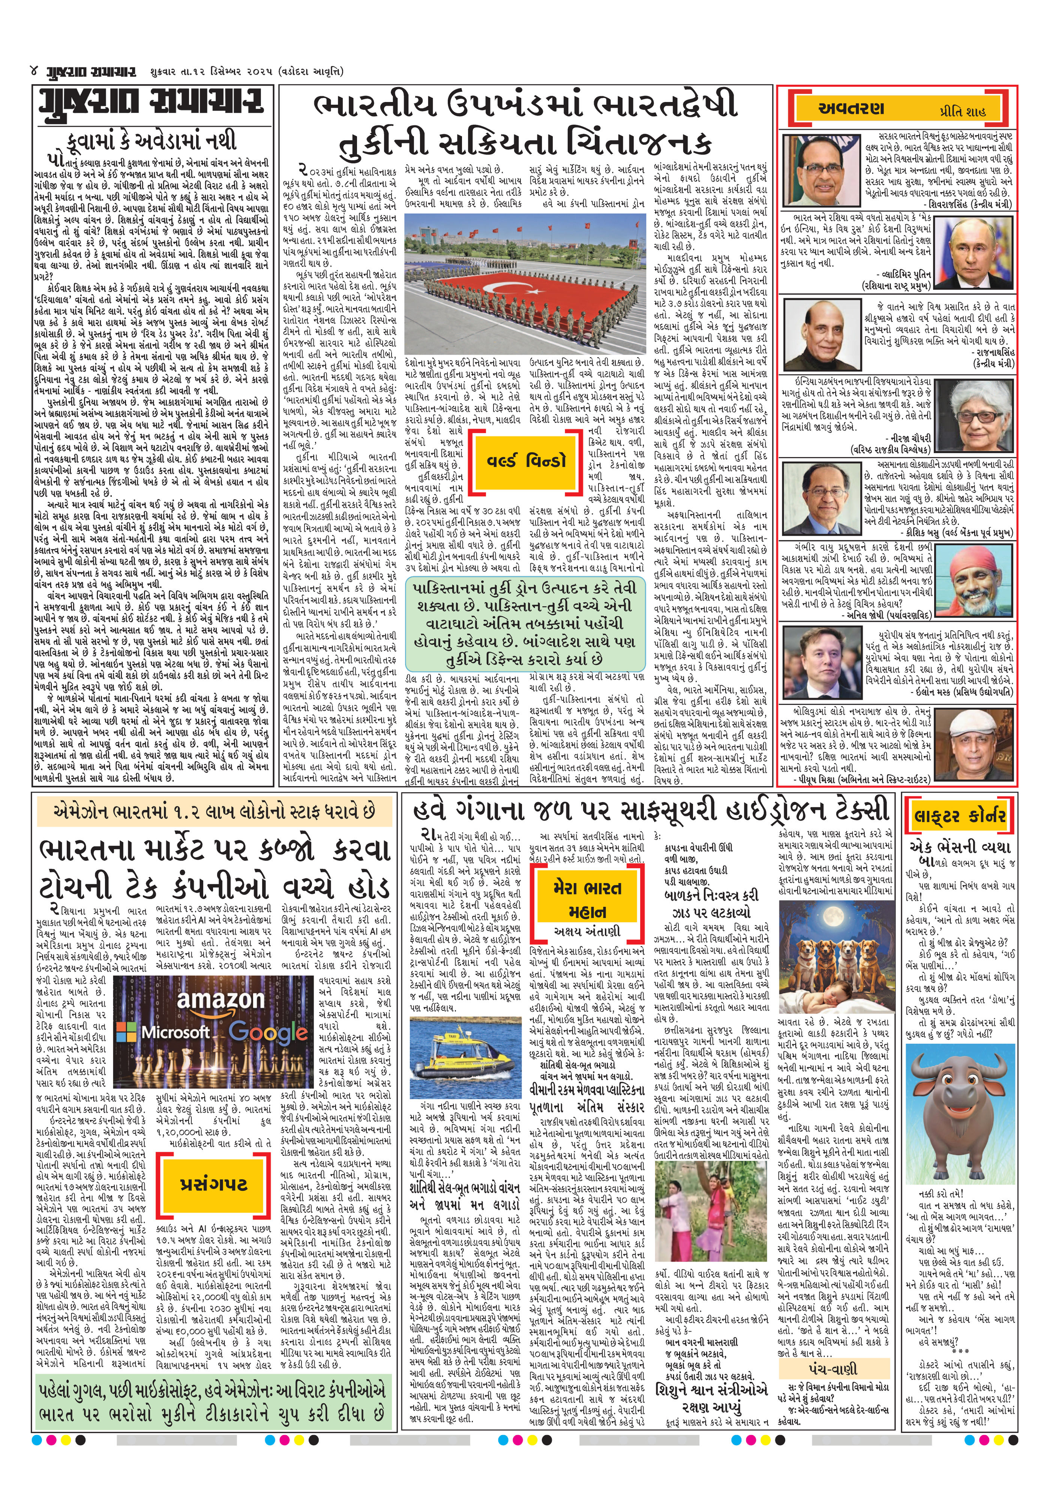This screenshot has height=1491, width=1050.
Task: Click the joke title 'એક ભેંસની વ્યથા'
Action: pyautogui.click(x=960, y=848)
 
